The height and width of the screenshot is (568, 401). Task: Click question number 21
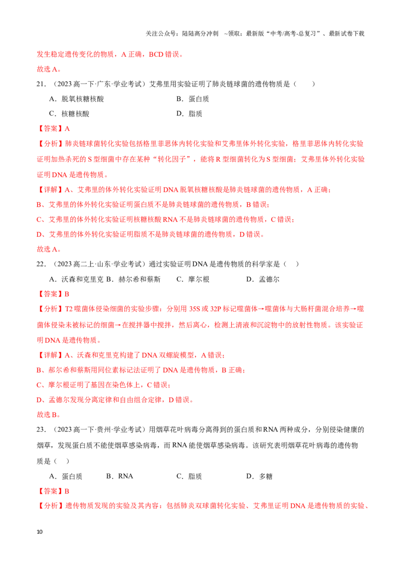click(x=41, y=84)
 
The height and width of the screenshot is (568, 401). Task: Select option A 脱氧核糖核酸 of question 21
click(x=77, y=99)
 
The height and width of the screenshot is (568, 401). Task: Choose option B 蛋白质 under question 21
click(x=192, y=99)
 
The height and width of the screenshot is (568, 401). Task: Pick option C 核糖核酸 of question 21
click(x=69, y=114)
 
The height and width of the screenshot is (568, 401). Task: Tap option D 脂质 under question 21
click(x=189, y=114)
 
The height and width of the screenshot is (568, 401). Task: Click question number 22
click(x=41, y=264)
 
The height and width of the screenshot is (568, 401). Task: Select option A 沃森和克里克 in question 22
click(x=76, y=279)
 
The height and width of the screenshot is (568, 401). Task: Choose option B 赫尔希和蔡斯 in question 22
click(x=133, y=279)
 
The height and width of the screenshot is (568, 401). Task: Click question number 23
click(x=41, y=430)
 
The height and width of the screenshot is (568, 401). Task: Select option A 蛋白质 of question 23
click(x=66, y=476)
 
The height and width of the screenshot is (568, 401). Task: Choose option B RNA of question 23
click(x=119, y=476)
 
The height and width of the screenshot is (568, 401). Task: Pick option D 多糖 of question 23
click(x=259, y=476)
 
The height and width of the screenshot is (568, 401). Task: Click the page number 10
click(x=40, y=532)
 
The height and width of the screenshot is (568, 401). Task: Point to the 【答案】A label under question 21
click(x=54, y=128)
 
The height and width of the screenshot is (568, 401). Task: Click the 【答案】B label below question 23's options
click(x=53, y=491)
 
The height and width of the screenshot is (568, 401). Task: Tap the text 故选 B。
click(x=49, y=415)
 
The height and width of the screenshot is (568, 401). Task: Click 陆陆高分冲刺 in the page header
click(x=200, y=34)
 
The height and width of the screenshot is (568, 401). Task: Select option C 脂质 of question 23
click(x=189, y=476)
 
